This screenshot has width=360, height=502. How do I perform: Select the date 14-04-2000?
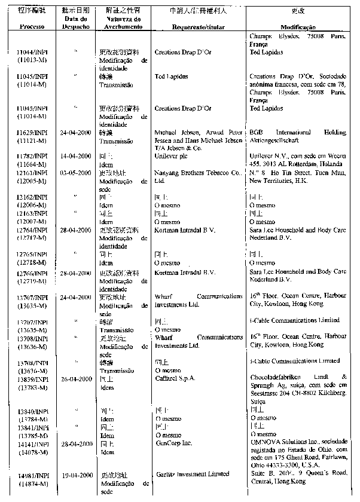tap(76, 155)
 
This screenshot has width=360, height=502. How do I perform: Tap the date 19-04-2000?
tap(76, 475)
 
